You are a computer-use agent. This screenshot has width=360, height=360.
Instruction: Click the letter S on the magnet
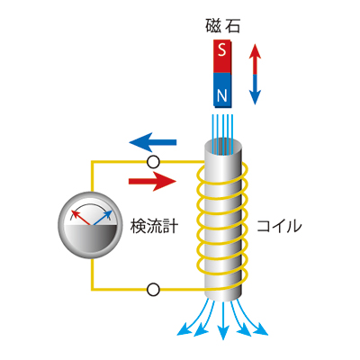tap(222, 49)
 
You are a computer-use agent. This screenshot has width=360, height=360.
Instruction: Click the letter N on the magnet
tap(222, 95)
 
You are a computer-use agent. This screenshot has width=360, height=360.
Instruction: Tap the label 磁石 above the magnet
tap(223, 26)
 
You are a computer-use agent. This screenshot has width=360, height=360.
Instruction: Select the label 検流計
tap(154, 226)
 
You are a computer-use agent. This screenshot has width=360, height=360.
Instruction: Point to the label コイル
tap(279, 226)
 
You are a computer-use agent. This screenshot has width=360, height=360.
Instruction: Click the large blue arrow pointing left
tap(153, 142)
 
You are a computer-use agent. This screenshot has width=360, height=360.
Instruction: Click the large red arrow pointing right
tap(152, 181)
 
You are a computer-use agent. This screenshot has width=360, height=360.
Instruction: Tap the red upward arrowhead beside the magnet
tap(255, 51)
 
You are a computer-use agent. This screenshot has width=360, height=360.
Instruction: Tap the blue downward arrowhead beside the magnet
tap(255, 97)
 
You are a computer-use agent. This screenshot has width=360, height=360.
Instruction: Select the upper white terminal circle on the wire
tap(153, 162)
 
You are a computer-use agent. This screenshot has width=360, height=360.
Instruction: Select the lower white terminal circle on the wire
tap(153, 290)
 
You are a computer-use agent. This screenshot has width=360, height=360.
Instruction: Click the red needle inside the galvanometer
tap(81, 218)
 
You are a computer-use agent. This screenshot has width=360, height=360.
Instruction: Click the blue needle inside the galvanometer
tap(103, 218)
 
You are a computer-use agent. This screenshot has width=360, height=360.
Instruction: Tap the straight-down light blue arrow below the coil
tap(223, 320)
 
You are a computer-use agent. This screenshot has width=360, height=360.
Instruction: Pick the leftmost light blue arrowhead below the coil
tap(184, 330)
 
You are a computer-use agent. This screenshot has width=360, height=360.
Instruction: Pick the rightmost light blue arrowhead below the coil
tap(261, 330)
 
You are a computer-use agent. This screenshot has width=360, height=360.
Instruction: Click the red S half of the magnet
tap(222, 57)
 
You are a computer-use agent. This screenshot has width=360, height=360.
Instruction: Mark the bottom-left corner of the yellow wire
tap(93, 290)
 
